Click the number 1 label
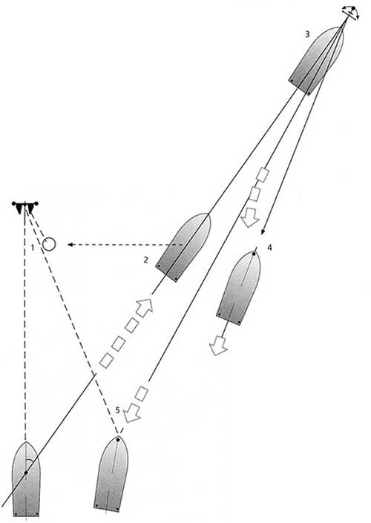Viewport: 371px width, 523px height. pyautogui.click(x=33, y=248)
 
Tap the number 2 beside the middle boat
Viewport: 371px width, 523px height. pyautogui.click(x=145, y=260)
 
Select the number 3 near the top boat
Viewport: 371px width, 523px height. pyautogui.click(x=307, y=34)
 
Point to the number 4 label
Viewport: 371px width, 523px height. pyautogui.click(x=269, y=248)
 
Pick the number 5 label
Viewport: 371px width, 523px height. pyautogui.click(x=117, y=410)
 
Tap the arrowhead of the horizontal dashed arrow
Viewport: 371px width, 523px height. pyautogui.click(x=70, y=245)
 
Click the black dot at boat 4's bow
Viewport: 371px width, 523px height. pyautogui.click(x=254, y=254)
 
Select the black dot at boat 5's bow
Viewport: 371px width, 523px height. pyautogui.click(x=118, y=440)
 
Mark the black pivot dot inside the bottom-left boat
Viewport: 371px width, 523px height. pyautogui.click(x=26, y=473)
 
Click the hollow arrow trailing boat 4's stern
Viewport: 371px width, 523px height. pyautogui.click(x=218, y=345)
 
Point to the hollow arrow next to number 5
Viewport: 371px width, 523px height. pyautogui.click(x=131, y=413)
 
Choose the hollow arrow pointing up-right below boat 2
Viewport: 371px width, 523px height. pyautogui.click(x=145, y=308)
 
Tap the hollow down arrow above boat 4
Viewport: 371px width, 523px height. pyautogui.click(x=250, y=217)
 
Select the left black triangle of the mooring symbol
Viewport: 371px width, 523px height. pyautogui.click(x=19, y=208)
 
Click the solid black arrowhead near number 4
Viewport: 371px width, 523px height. pyautogui.click(x=263, y=231)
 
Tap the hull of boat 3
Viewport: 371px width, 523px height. pyautogui.click(x=315, y=60)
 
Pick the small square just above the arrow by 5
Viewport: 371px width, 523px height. pyautogui.click(x=142, y=394)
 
